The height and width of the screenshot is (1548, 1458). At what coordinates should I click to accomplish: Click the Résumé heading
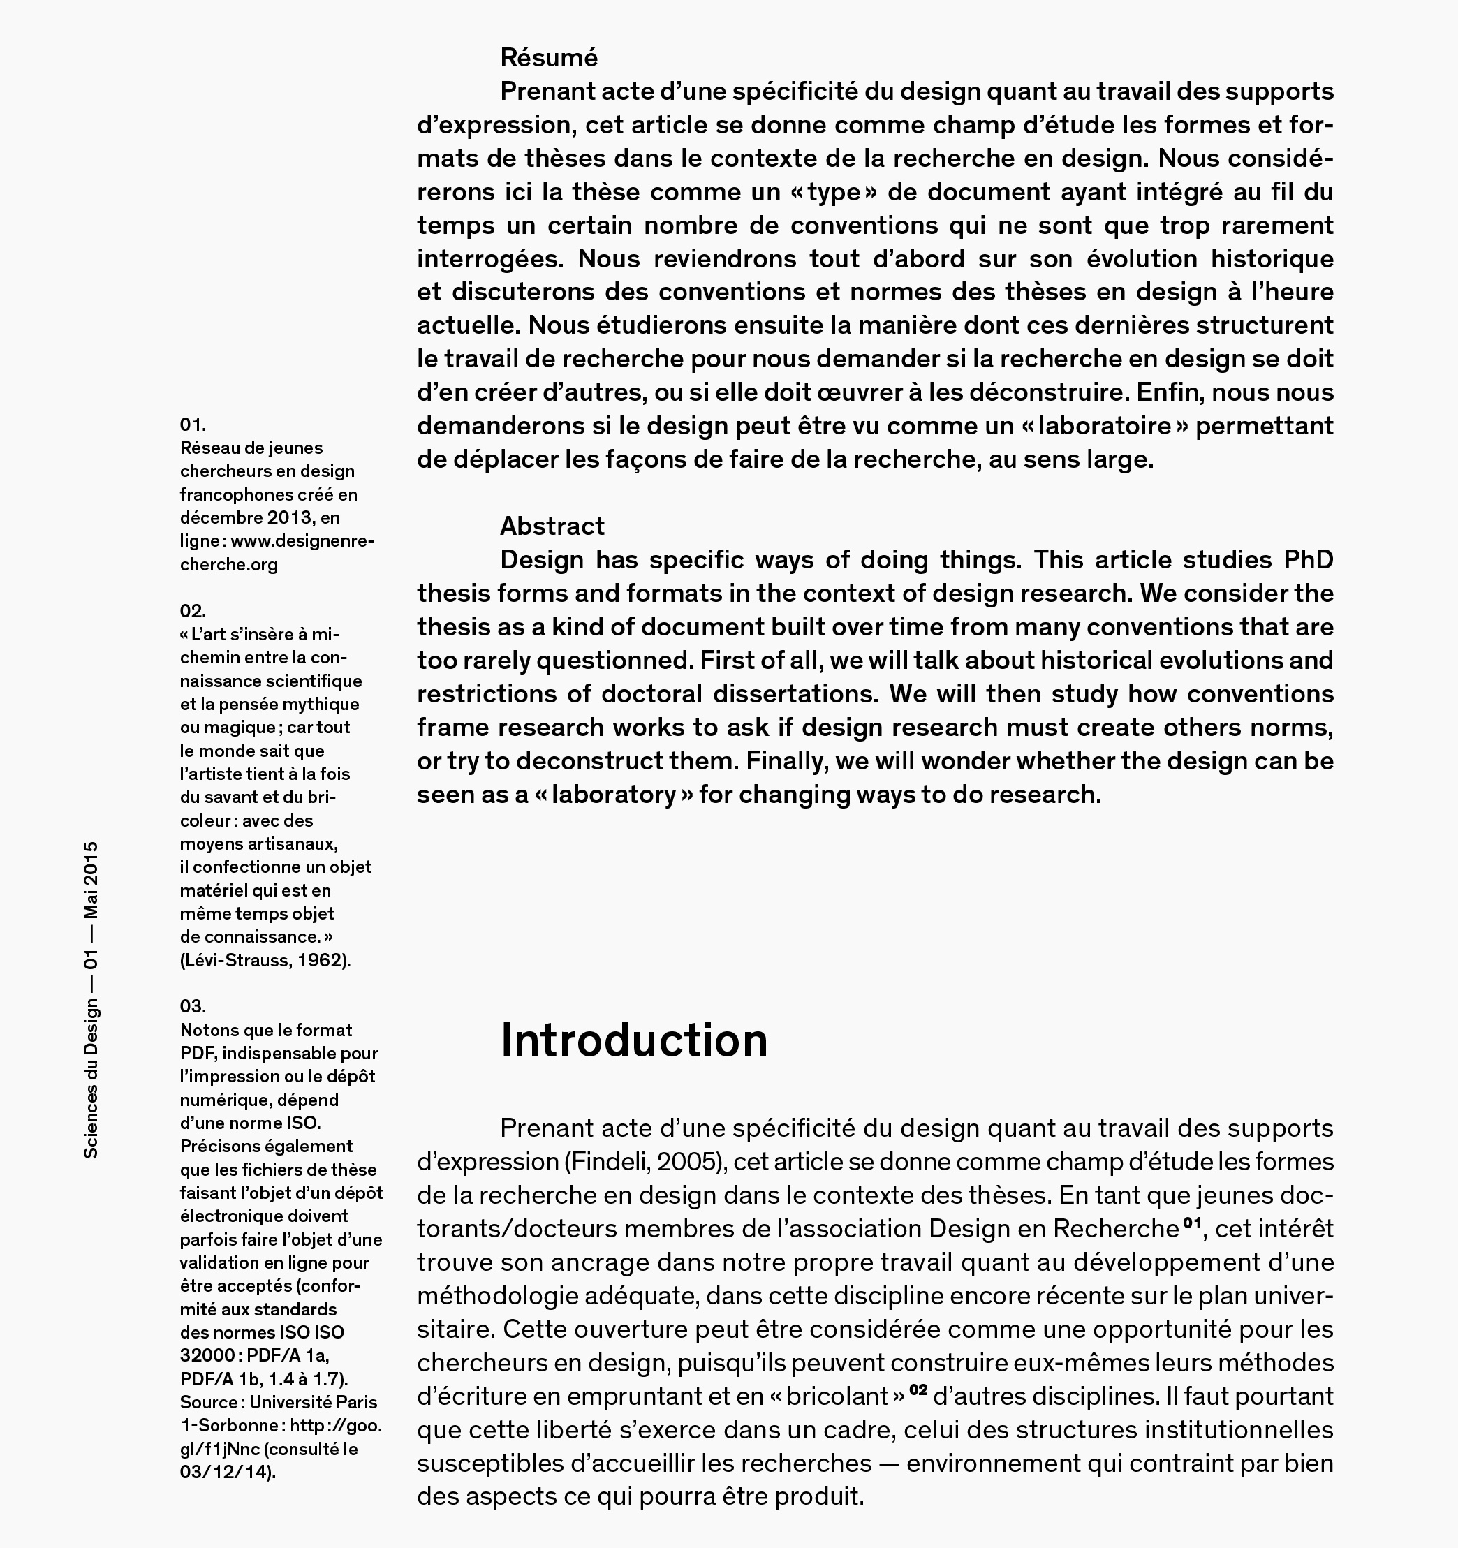coord(548,58)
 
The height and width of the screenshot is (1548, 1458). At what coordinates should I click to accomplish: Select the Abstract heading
coord(552,526)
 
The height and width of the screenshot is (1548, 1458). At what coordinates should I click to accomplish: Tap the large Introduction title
coord(634,1040)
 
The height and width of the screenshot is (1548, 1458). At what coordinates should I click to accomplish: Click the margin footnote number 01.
coord(193,425)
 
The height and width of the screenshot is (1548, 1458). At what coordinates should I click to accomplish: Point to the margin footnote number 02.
coord(193,610)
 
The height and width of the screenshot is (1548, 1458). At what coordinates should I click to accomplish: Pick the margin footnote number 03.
coord(193,1006)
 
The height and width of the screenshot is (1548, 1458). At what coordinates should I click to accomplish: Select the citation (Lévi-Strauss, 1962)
coord(265,960)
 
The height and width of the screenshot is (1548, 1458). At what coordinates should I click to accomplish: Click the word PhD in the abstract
coord(1308,560)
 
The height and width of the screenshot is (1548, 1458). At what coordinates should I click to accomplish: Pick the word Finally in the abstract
coord(786,762)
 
